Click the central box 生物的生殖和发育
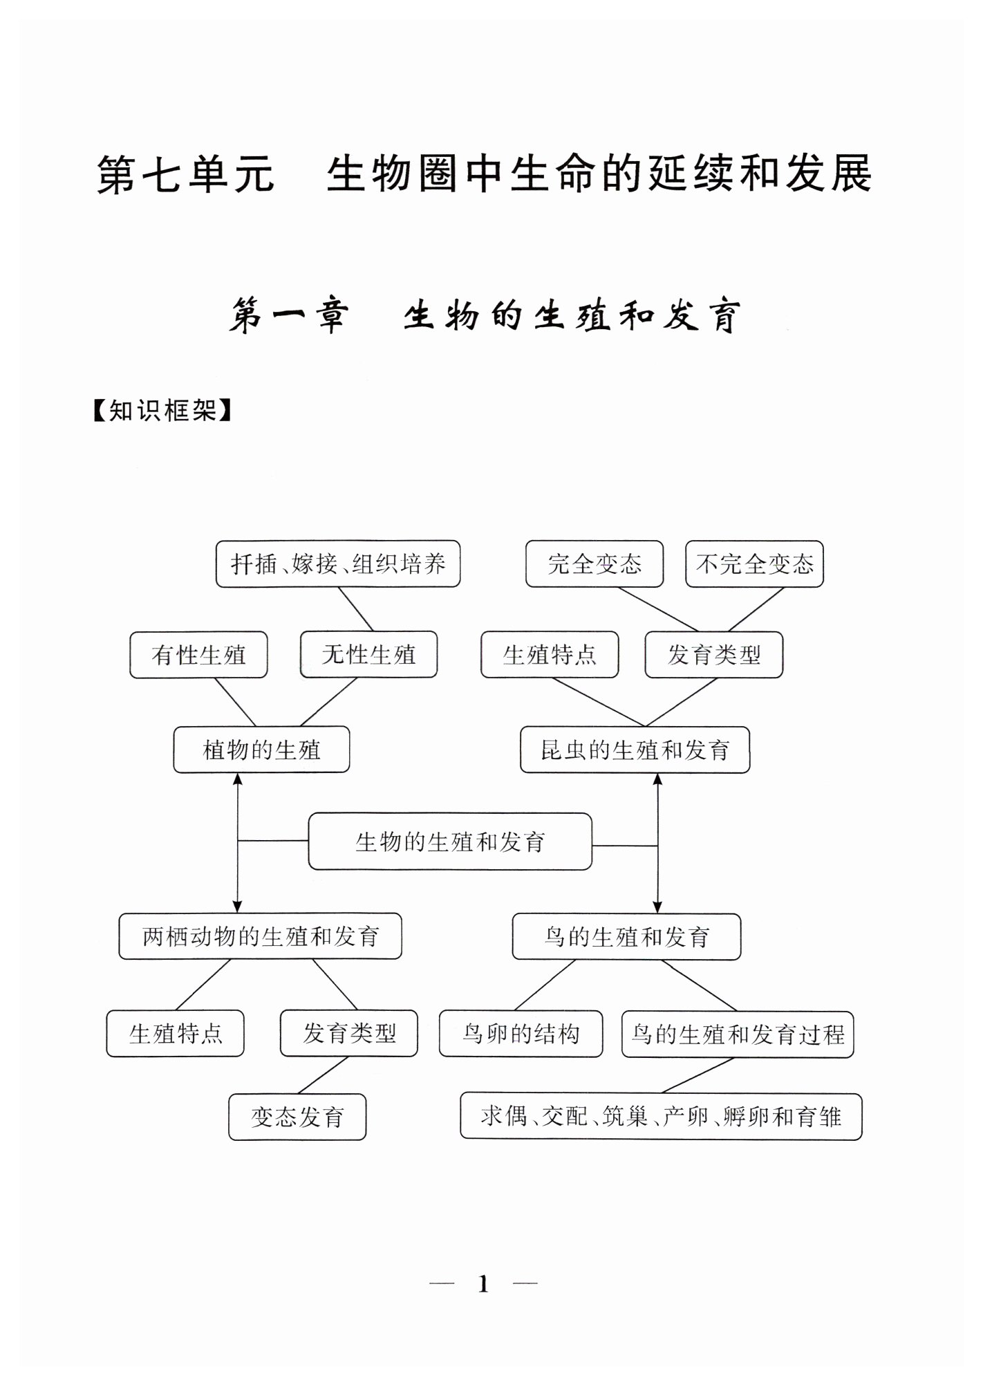[450, 842]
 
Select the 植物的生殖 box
[261, 750]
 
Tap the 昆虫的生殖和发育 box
[635, 750]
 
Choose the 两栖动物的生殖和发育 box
[260, 936]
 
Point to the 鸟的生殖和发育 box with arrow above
[626, 937]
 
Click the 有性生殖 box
[198, 655]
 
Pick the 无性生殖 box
[368, 654]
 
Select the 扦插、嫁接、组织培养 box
[338, 564]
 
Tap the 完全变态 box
[595, 564]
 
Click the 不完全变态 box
[754, 564]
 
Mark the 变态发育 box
[297, 1117]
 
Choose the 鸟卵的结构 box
[521, 1034]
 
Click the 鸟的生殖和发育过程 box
[738, 1034]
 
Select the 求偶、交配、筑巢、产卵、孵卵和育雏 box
[661, 1117]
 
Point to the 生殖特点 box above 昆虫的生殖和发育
[550, 655]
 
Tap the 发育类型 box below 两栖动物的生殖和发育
[349, 1034]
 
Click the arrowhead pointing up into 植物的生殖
[238, 779]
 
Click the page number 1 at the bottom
[483, 1285]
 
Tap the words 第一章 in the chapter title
[289, 317]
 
